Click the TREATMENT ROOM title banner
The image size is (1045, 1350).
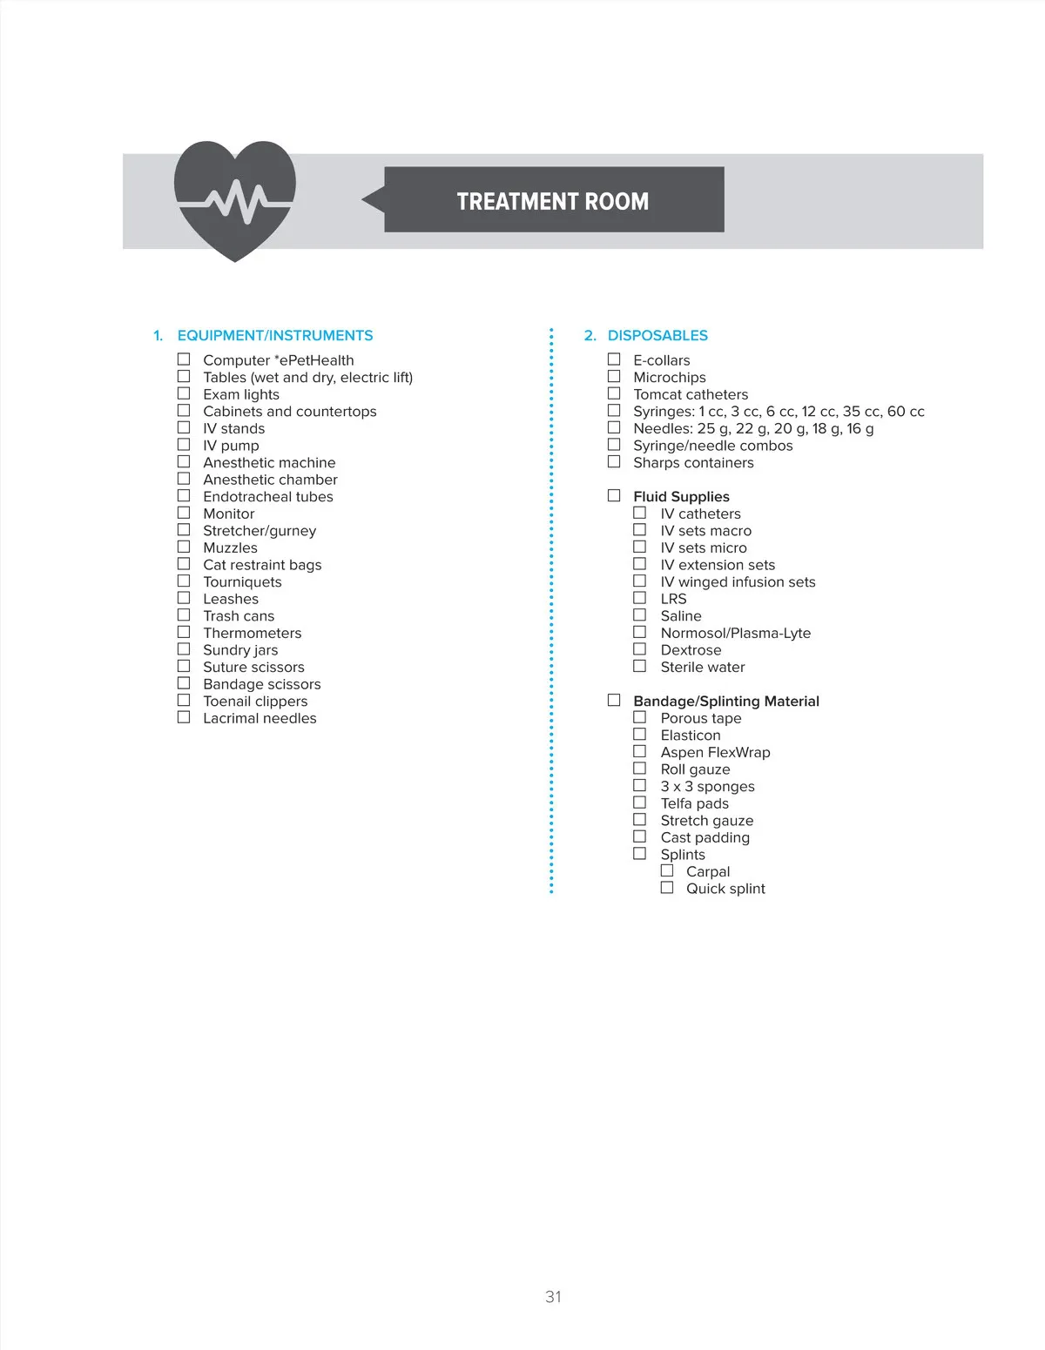[x=553, y=200]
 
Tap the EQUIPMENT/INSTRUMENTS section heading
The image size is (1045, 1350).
[x=274, y=335]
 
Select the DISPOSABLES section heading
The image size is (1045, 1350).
[x=657, y=335]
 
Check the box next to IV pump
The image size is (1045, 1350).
[x=184, y=445]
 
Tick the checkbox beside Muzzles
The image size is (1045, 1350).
[x=184, y=547]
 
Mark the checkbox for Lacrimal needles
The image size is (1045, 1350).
[x=184, y=717]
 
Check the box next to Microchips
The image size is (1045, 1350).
[x=614, y=376]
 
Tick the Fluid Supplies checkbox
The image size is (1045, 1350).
[x=614, y=495]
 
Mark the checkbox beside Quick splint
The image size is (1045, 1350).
[x=667, y=888]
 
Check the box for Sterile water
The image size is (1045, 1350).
[x=640, y=666]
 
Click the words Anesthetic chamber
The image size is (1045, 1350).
[x=270, y=480]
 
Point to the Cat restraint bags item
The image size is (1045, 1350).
[x=262, y=565]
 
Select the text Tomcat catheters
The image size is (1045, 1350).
[x=691, y=394]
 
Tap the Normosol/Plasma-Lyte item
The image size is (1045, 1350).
[x=735, y=633]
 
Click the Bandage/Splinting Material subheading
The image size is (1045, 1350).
[x=726, y=701]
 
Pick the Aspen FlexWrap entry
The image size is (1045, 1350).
[x=715, y=752]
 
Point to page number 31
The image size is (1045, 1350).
[x=553, y=1297]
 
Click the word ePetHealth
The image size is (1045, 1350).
[x=316, y=360]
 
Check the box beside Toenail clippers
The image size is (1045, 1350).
[x=184, y=700]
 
